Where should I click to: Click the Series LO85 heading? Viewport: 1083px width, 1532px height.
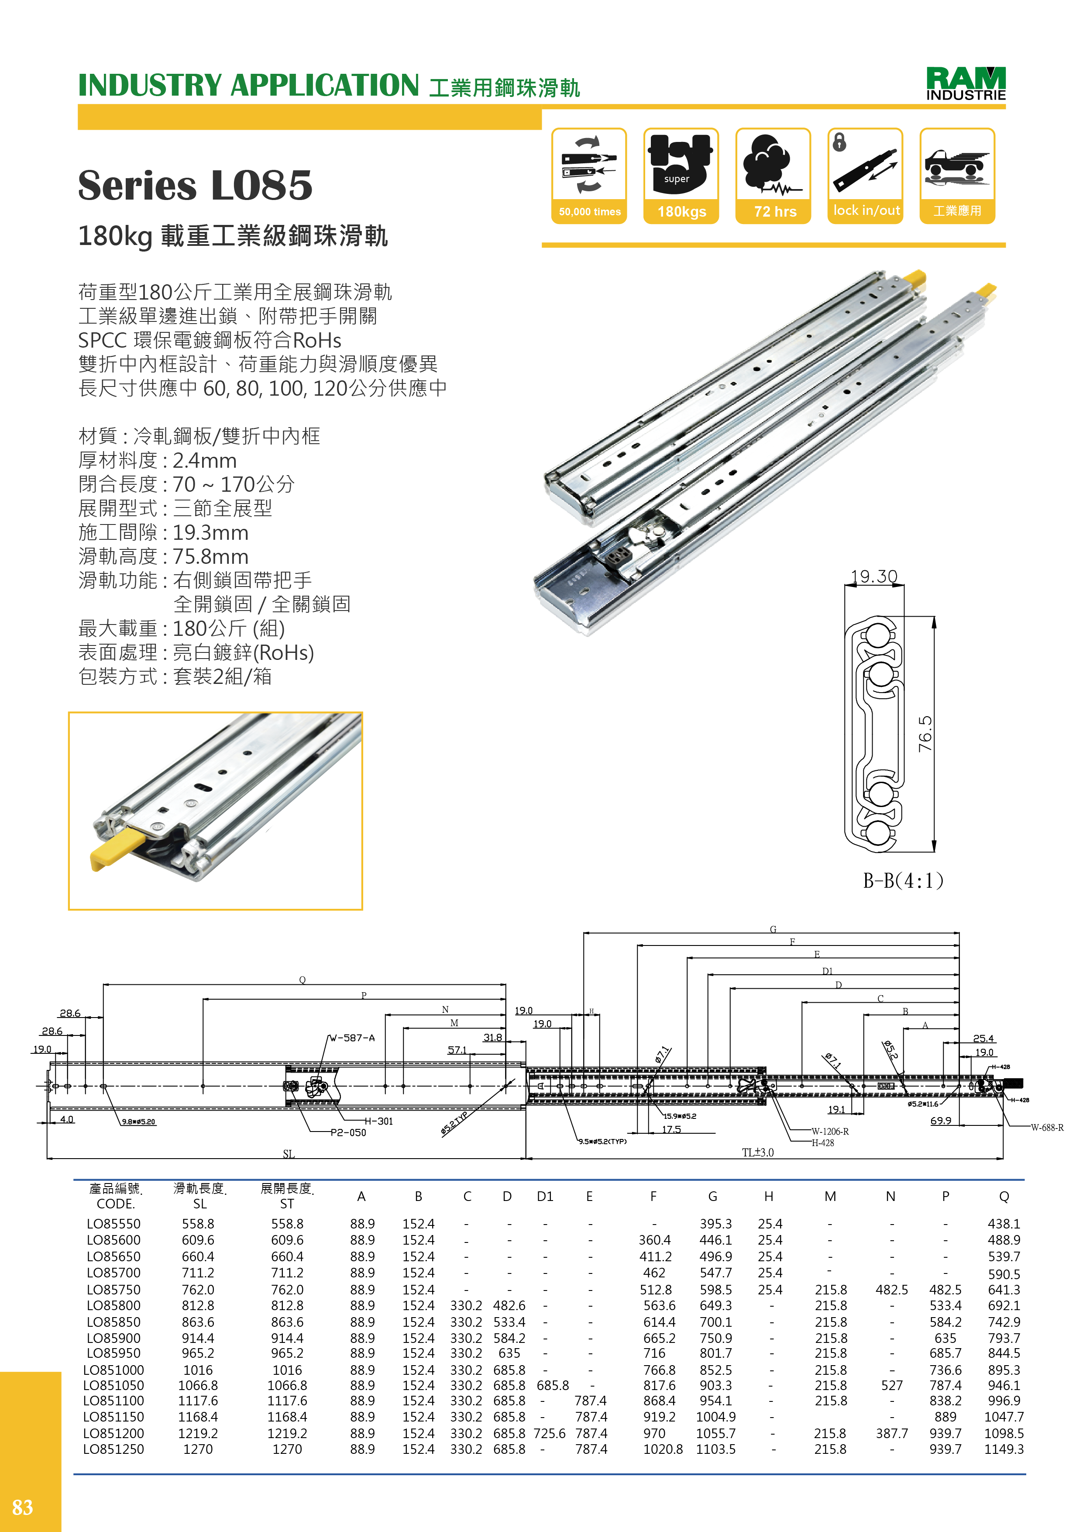coord(195,186)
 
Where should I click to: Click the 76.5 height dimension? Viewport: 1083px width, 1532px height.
coord(925,734)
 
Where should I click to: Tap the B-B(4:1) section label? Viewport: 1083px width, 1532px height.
coord(903,881)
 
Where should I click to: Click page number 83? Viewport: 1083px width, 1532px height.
coord(23,1507)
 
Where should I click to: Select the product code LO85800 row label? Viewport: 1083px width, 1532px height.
coord(113,1305)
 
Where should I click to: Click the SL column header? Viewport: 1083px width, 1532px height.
coord(199,1204)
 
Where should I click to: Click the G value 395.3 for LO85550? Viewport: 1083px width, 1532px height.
coord(715,1224)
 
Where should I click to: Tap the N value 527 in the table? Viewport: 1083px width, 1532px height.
coord(892,1385)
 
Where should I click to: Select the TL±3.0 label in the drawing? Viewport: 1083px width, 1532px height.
coord(757,1152)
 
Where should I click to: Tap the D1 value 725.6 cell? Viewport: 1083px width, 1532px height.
coord(550,1433)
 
